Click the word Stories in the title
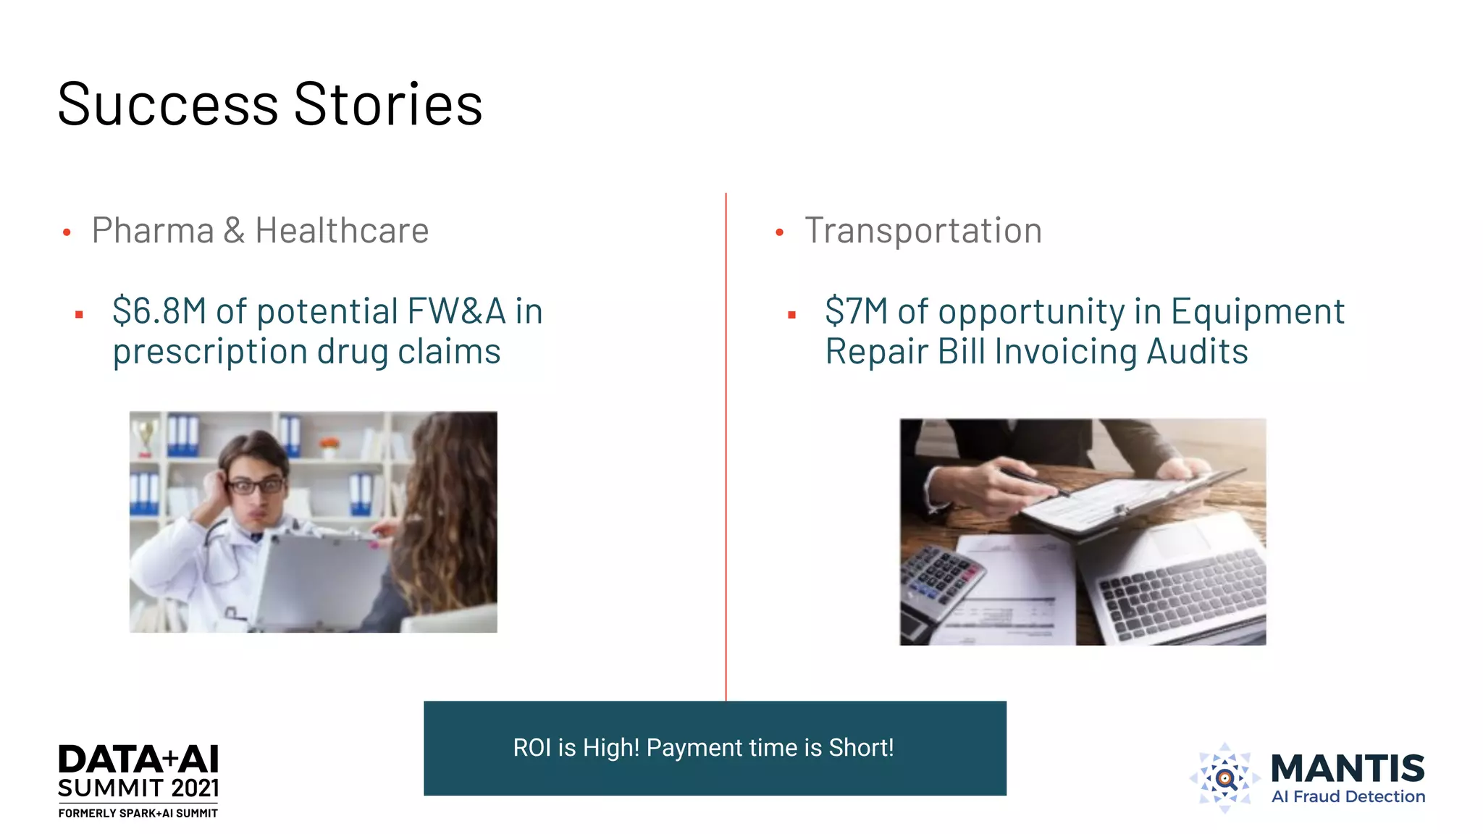point(388,105)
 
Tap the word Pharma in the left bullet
point(153,231)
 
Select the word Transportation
point(923,231)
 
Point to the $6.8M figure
point(159,311)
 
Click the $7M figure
point(856,311)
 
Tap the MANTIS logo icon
point(1224,778)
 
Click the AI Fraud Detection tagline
point(1348,797)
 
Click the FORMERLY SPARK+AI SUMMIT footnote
point(138,814)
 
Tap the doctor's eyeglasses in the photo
point(256,486)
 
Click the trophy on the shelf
point(146,436)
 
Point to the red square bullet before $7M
point(791,315)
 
